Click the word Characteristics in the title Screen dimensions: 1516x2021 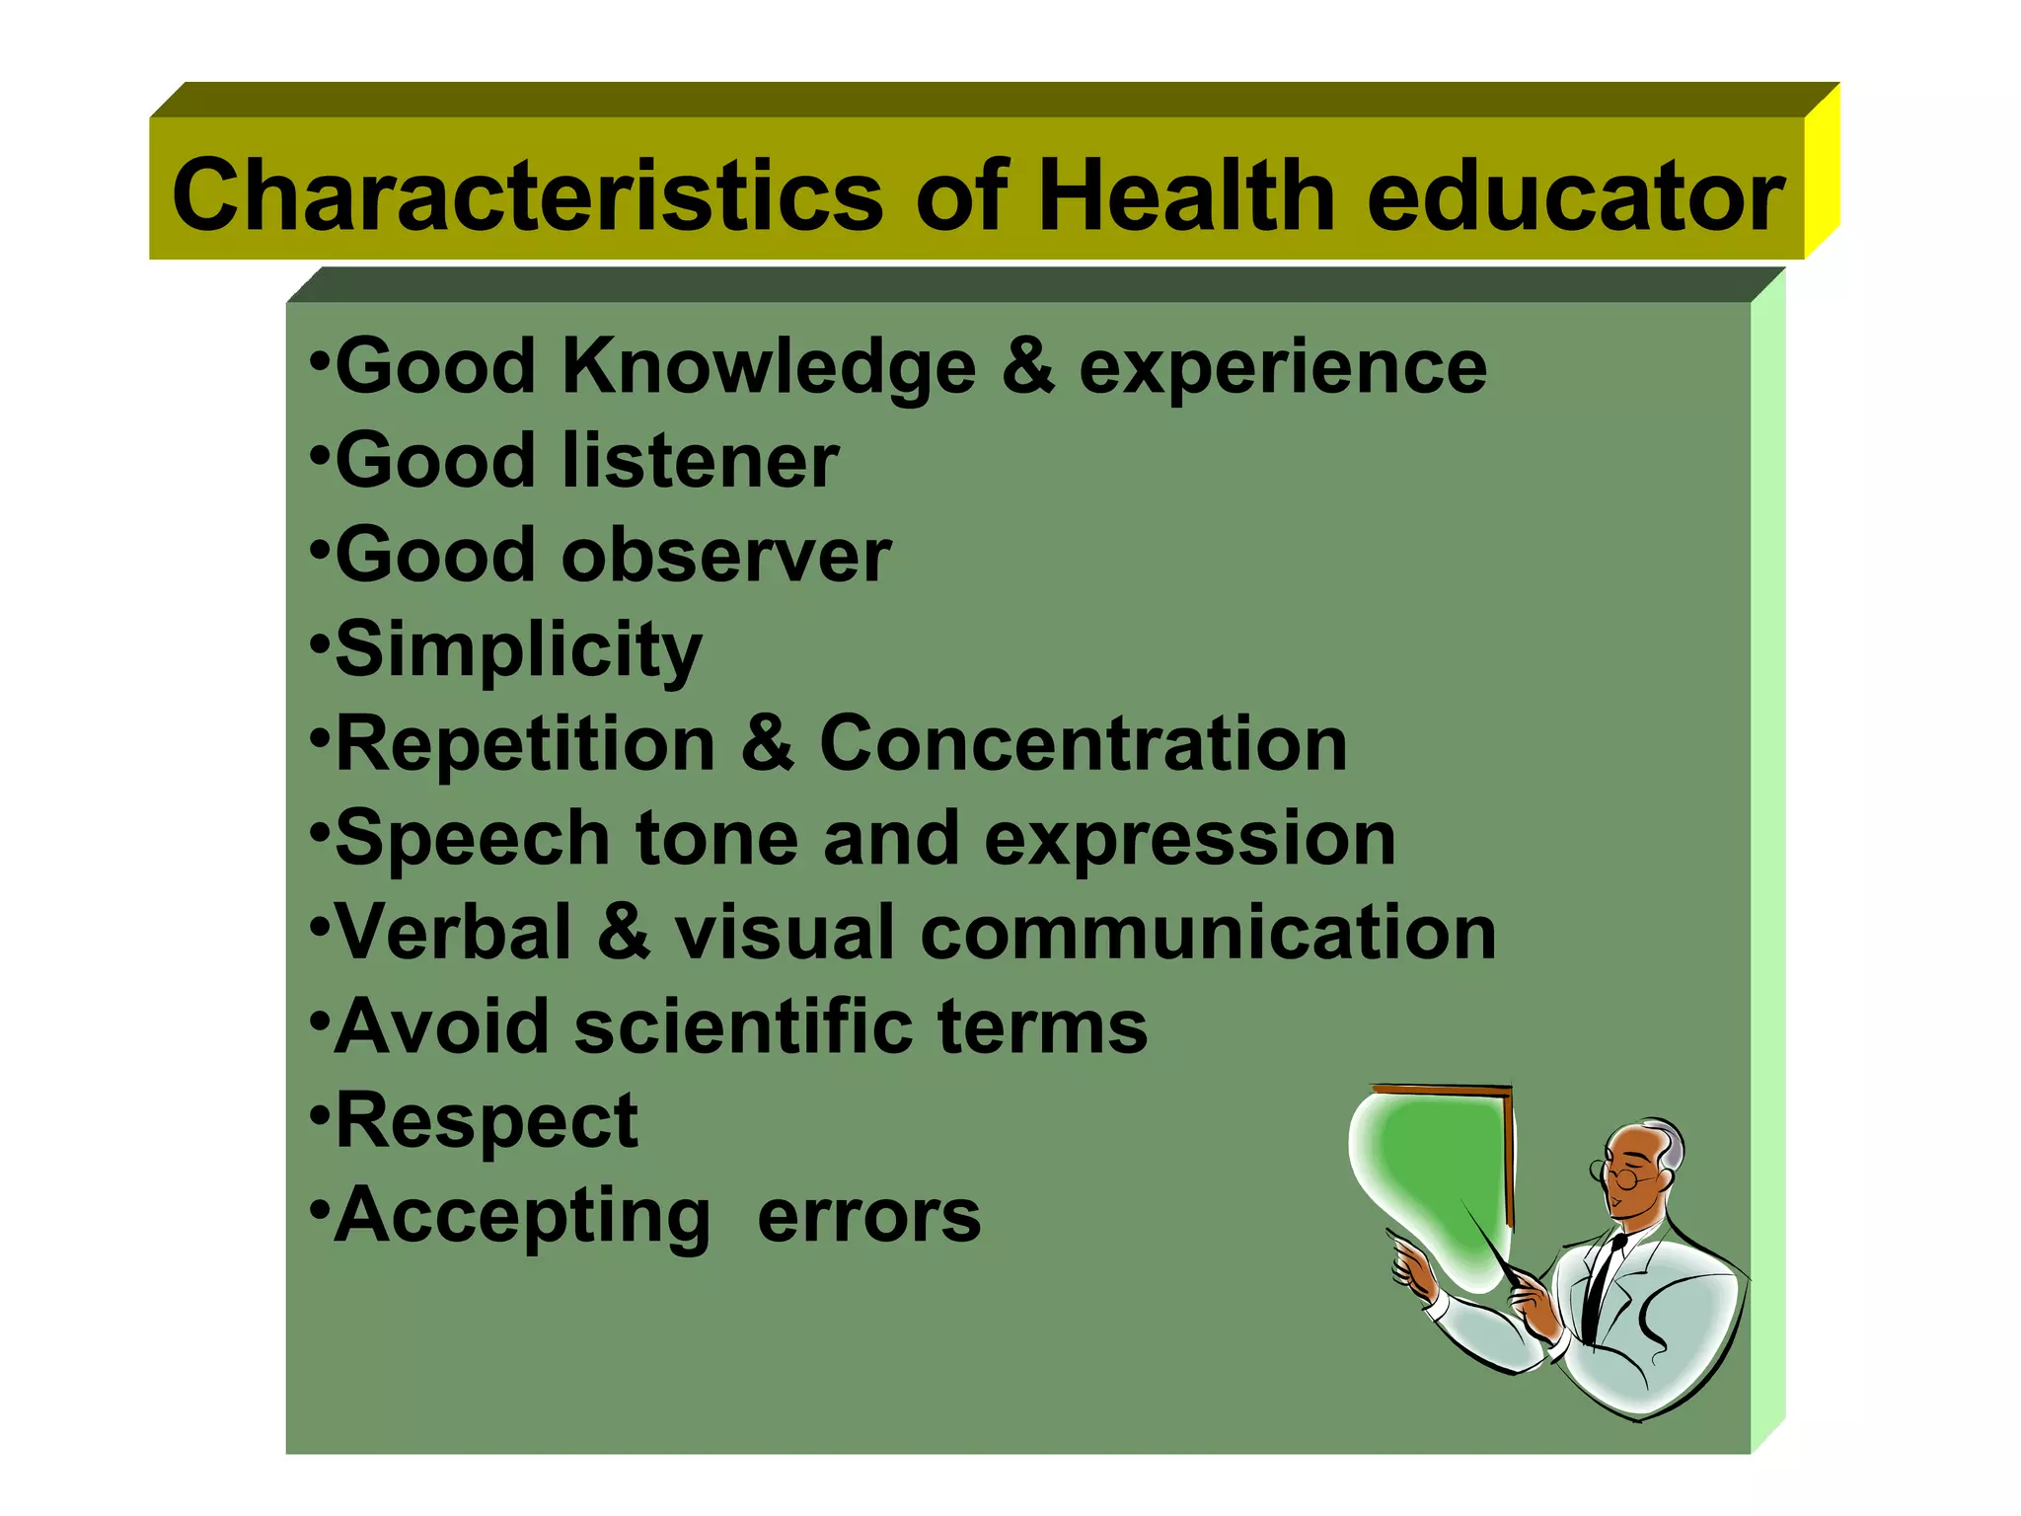[x=527, y=195]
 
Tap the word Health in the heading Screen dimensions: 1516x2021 [x=1185, y=195]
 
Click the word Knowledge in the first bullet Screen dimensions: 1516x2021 [x=769, y=368]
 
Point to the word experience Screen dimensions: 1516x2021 [x=1282, y=368]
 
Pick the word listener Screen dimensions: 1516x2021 [x=700, y=461]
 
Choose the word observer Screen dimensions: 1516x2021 [x=725, y=555]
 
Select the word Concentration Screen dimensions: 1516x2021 [x=1083, y=743]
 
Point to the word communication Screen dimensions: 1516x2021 [x=1208, y=932]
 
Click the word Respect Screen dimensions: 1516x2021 [x=487, y=1122]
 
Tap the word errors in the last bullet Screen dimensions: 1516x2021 [x=868, y=1216]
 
